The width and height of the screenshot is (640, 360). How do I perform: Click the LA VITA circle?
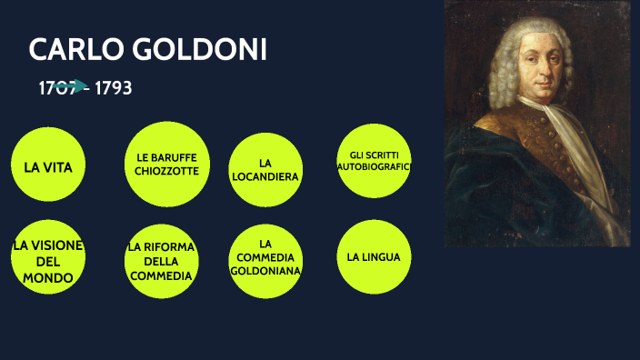point(48,166)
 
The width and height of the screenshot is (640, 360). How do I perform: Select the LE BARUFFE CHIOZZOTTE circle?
point(166,165)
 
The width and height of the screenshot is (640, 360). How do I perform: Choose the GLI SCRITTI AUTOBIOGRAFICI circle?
point(374,161)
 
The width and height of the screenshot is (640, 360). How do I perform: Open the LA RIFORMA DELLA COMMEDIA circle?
point(161,261)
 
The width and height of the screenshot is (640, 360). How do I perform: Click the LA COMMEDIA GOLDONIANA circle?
point(265,257)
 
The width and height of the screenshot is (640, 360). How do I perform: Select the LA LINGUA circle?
point(374,256)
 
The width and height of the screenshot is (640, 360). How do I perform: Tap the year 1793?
point(114,88)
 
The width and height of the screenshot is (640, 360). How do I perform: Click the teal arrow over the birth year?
point(68,86)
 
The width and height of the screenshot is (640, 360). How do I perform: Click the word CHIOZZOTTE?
point(166,171)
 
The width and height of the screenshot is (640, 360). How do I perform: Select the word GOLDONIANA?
point(265,270)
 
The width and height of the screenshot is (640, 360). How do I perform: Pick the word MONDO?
point(48,277)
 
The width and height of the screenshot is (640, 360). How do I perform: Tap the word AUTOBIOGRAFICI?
point(374,167)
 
